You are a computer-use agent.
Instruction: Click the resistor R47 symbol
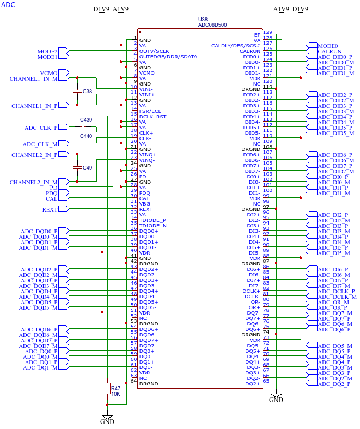107,388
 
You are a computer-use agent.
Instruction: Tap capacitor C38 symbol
77,91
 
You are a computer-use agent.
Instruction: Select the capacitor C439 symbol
83,127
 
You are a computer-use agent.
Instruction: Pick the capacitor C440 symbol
83,143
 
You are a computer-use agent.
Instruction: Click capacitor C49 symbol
77,167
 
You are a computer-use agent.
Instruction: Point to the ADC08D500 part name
212,25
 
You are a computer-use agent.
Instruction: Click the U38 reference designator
203,20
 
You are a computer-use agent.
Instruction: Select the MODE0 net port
312,45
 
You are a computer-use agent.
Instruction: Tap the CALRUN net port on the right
312,51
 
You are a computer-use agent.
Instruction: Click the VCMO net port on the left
64,72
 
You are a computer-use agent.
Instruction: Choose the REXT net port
64,209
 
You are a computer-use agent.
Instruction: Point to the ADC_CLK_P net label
41,128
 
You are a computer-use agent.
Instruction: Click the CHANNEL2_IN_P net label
34,155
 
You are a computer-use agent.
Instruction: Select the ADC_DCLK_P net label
336,292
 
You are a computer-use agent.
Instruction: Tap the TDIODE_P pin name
152,220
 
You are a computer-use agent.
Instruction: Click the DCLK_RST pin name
152,117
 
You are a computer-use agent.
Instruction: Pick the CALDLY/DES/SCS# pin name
236,46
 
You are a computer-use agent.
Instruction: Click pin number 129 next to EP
267,32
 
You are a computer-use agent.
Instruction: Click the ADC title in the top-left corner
8,5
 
